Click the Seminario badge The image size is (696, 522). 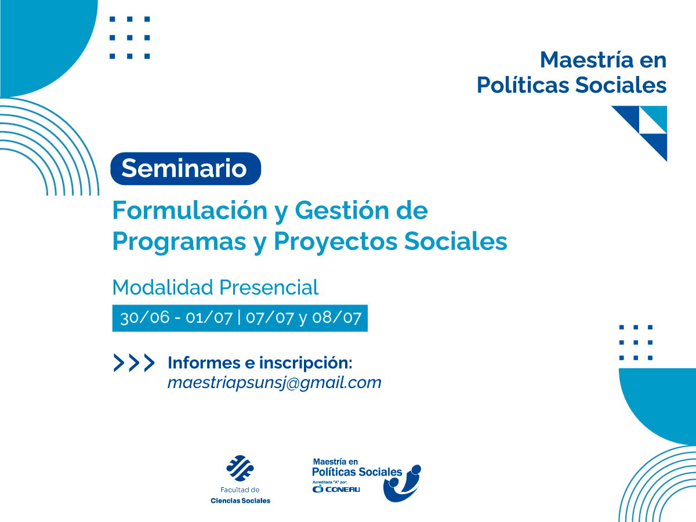[x=186, y=169]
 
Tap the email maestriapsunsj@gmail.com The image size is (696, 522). [x=274, y=383]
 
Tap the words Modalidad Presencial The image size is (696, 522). [x=215, y=287]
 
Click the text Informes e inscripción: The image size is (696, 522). [x=260, y=363]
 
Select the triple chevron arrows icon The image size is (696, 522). [x=134, y=363]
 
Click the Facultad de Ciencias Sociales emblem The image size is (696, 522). [x=240, y=469]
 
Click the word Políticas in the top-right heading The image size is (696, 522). [x=522, y=85]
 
